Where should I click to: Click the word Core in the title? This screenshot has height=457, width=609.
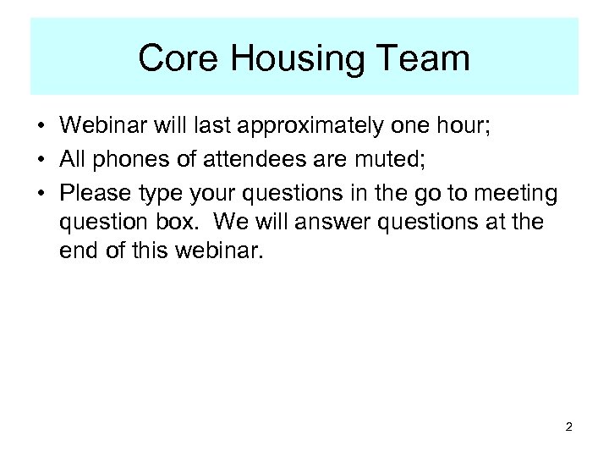[x=174, y=58]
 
